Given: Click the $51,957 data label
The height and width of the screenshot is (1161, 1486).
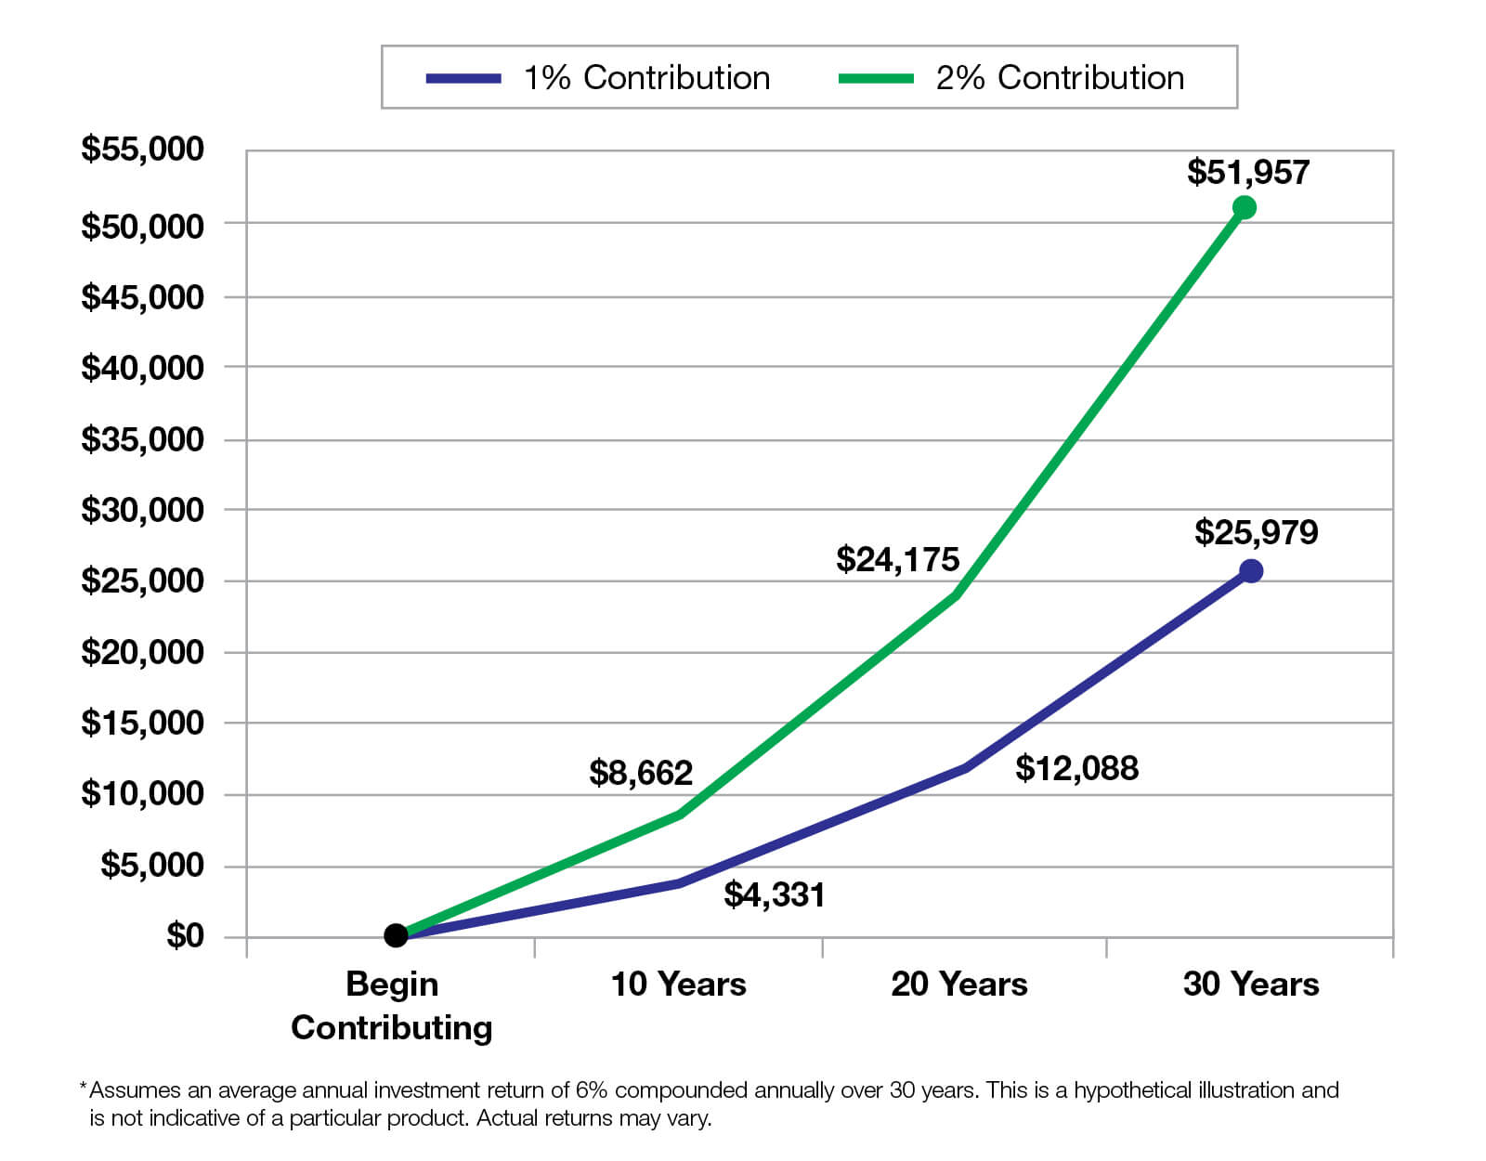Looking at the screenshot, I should (x=1247, y=173).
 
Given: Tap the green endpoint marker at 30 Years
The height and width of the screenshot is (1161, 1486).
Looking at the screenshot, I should (x=1245, y=207).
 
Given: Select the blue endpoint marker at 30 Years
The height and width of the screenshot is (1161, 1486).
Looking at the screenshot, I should (x=1251, y=571).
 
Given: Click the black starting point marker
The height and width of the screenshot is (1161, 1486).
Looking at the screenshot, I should (x=396, y=934).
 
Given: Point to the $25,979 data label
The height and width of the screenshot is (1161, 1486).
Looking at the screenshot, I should (x=1256, y=532).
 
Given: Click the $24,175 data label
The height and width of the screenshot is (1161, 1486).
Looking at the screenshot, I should (x=897, y=559).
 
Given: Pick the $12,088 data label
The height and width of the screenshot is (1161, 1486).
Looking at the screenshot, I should (x=1076, y=768).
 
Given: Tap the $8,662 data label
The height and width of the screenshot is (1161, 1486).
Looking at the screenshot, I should (x=641, y=773).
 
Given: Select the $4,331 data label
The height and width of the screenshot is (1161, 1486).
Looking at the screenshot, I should (x=774, y=894).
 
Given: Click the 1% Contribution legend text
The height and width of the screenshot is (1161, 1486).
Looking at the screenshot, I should (x=646, y=78).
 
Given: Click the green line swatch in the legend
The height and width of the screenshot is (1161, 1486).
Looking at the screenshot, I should (x=875, y=79).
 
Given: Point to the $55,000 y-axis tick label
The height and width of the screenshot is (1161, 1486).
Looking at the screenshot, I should (x=142, y=149).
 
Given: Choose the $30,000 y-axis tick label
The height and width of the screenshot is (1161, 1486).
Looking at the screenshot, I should (x=142, y=510).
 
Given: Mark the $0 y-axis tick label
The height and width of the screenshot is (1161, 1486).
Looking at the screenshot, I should (x=184, y=935).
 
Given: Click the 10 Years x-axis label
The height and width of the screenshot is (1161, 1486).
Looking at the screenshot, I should (x=678, y=985).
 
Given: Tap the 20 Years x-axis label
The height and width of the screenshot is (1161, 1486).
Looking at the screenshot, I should (x=958, y=985).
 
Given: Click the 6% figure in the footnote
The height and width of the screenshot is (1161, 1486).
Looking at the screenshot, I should (x=591, y=1090).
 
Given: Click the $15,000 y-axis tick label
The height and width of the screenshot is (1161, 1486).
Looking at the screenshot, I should (x=142, y=723).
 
